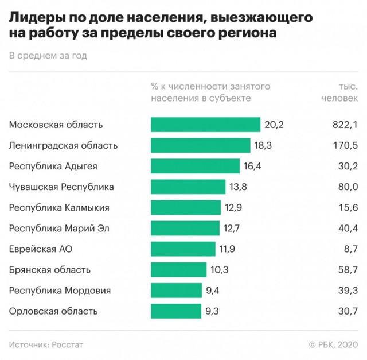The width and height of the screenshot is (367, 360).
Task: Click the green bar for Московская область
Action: [205, 125]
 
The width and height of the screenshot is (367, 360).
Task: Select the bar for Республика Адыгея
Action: [195, 166]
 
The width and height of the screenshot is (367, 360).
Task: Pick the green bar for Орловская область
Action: [177, 311]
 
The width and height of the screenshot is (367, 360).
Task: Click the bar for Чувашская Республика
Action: [188, 187]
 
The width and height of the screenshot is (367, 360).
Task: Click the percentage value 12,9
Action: [233, 207]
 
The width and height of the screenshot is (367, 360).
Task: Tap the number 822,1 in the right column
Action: [345, 125]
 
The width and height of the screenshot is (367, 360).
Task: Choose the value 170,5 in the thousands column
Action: [345, 145]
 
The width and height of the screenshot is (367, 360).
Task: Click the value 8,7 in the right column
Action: [350, 249]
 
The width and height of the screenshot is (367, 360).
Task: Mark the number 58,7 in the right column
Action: [348, 270]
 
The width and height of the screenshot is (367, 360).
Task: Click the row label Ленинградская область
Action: [64, 145]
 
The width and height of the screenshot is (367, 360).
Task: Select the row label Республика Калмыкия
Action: [60, 207]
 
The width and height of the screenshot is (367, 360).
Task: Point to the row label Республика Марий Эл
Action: [60, 228]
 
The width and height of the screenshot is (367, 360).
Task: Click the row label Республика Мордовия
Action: [60, 291]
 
